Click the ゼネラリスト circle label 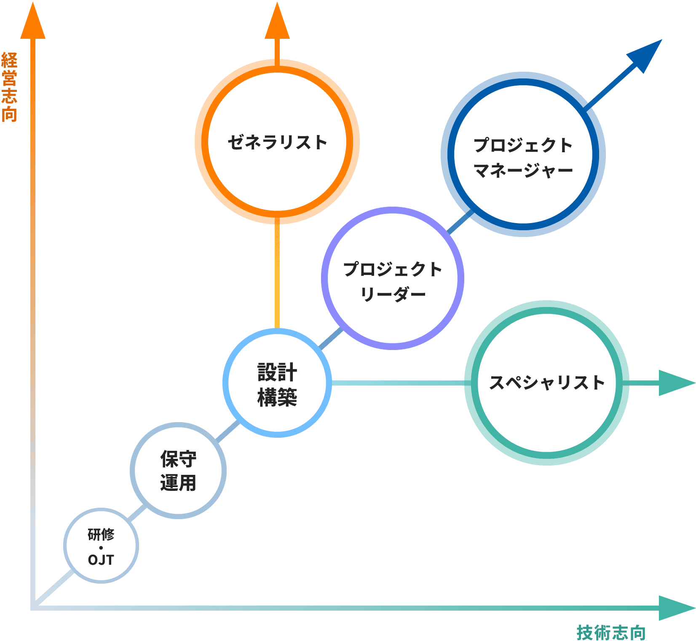coord(277,143)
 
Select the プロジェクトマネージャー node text coord(523,157)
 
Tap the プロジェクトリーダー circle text coord(393,281)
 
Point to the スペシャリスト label coord(546,383)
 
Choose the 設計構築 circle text coord(277,385)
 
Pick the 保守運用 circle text coord(178,471)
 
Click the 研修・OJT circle coord(101,547)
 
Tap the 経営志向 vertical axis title coord(9,87)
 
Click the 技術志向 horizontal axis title coord(611,633)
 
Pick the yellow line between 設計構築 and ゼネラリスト coord(277,274)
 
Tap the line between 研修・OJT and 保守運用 coord(137,514)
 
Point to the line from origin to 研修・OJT coord(55,588)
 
